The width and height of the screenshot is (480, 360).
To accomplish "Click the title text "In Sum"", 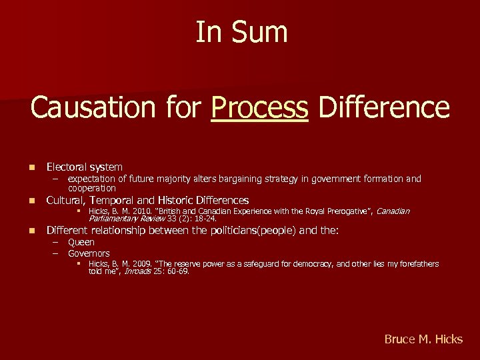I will pyautogui.click(x=241, y=32).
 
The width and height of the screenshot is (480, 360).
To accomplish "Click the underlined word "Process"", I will pyautogui.click(x=259, y=107).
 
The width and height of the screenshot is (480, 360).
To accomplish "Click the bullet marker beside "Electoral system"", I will pyautogui.click(x=31, y=167).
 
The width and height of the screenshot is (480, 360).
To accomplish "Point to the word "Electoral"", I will pyautogui.click(x=67, y=167).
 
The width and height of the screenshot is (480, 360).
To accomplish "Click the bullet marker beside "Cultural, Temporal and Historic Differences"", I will pyautogui.click(x=31, y=201).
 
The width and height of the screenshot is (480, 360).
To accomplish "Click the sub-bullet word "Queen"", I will pyautogui.click(x=81, y=242).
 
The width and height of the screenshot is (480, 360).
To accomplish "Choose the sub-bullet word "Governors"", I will pyautogui.click(x=89, y=253).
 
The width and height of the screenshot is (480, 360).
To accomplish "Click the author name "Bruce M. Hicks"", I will pyautogui.click(x=423, y=339).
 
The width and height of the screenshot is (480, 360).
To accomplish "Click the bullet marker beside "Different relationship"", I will pyautogui.click(x=31, y=231).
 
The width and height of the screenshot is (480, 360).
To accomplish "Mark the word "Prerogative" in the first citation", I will pyautogui.click(x=349, y=211).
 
